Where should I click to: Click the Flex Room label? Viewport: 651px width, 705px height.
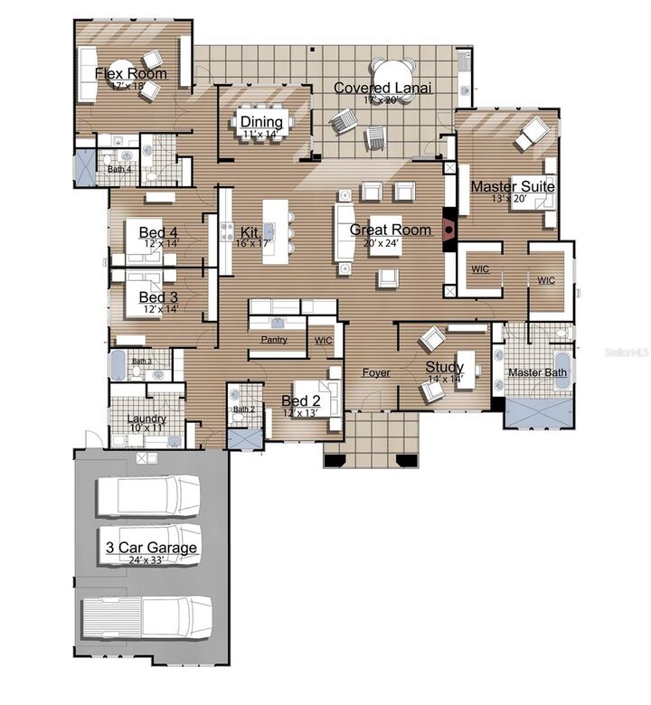tap(131, 73)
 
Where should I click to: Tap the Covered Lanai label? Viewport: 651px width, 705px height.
tap(382, 88)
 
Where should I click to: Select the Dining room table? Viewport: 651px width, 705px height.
tap(261, 122)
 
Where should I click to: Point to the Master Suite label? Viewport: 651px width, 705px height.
tap(513, 186)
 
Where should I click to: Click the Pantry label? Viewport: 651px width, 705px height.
tap(274, 340)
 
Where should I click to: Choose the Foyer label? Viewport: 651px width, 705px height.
tap(376, 372)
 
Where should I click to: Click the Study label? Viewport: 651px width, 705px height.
tap(445, 367)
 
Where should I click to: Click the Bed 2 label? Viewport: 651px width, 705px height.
tap(301, 400)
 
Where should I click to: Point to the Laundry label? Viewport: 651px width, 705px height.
tap(146, 418)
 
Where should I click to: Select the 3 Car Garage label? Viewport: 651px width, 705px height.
tap(151, 548)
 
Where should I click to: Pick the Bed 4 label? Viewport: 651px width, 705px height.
tap(158, 232)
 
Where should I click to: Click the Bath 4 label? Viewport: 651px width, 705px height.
tap(119, 169)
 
